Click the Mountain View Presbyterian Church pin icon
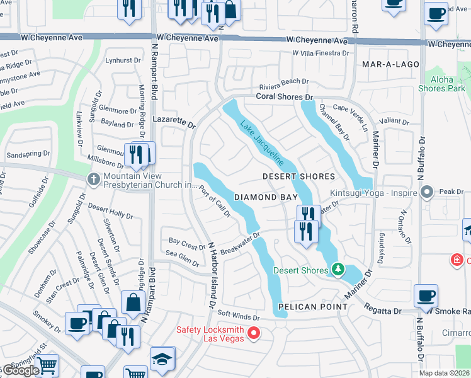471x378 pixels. tap(94, 179)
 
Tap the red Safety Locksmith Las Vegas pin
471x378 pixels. tap(254, 332)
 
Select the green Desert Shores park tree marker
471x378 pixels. tap(338, 270)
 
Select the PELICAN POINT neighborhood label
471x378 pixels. tap(312, 307)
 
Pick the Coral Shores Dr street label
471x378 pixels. tap(284, 97)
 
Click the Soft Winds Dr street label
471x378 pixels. tap(238, 317)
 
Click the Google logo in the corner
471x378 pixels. tap(21, 370)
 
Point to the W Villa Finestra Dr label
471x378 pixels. tap(321, 54)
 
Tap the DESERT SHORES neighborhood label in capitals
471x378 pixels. tap(298, 176)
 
